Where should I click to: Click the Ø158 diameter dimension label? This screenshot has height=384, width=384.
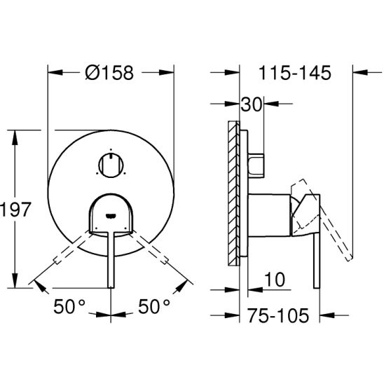(109, 73)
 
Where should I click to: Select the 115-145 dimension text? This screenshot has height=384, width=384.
(294, 73)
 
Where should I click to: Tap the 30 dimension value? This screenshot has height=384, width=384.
(252, 104)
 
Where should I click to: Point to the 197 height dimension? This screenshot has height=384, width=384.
(15, 210)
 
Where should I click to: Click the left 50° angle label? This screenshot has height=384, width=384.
(69, 306)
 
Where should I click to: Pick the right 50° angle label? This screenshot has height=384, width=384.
(154, 306)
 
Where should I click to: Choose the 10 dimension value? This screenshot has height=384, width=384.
(275, 280)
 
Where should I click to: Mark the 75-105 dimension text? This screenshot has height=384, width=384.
(278, 315)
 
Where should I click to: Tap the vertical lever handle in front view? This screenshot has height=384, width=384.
(111, 259)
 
